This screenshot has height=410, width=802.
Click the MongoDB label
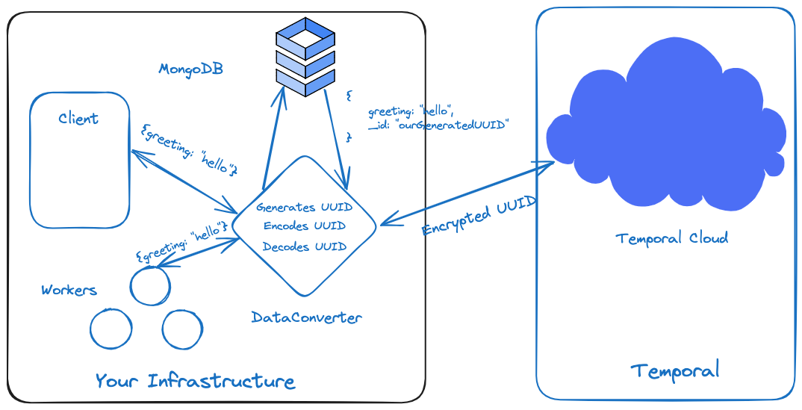tap(190, 69)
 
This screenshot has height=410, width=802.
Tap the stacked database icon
tap(305, 57)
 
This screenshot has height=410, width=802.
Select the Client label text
tap(78, 119)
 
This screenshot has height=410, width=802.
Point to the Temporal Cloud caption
tap(671, 238)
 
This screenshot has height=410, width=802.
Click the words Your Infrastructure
tap(195, 381)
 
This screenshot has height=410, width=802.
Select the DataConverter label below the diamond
tap(306, 317)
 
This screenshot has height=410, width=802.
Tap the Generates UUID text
tap(304, 207)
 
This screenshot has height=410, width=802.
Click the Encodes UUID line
tap(304, 226)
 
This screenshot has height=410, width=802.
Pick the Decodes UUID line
tap(304, 246)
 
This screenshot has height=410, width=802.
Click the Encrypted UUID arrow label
tap(479, 216)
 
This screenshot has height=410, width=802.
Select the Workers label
tap(69, 290)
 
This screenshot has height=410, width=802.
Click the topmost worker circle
tap(150, 286)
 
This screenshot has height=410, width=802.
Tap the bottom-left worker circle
tap(111, 328)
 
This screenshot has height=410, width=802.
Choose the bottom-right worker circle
tap(182, 329)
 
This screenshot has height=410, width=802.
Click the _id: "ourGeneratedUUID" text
tap(438, 125)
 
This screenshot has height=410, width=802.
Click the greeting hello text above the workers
tap(181, 240)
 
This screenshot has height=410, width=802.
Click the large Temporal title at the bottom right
tap(675, 370)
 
